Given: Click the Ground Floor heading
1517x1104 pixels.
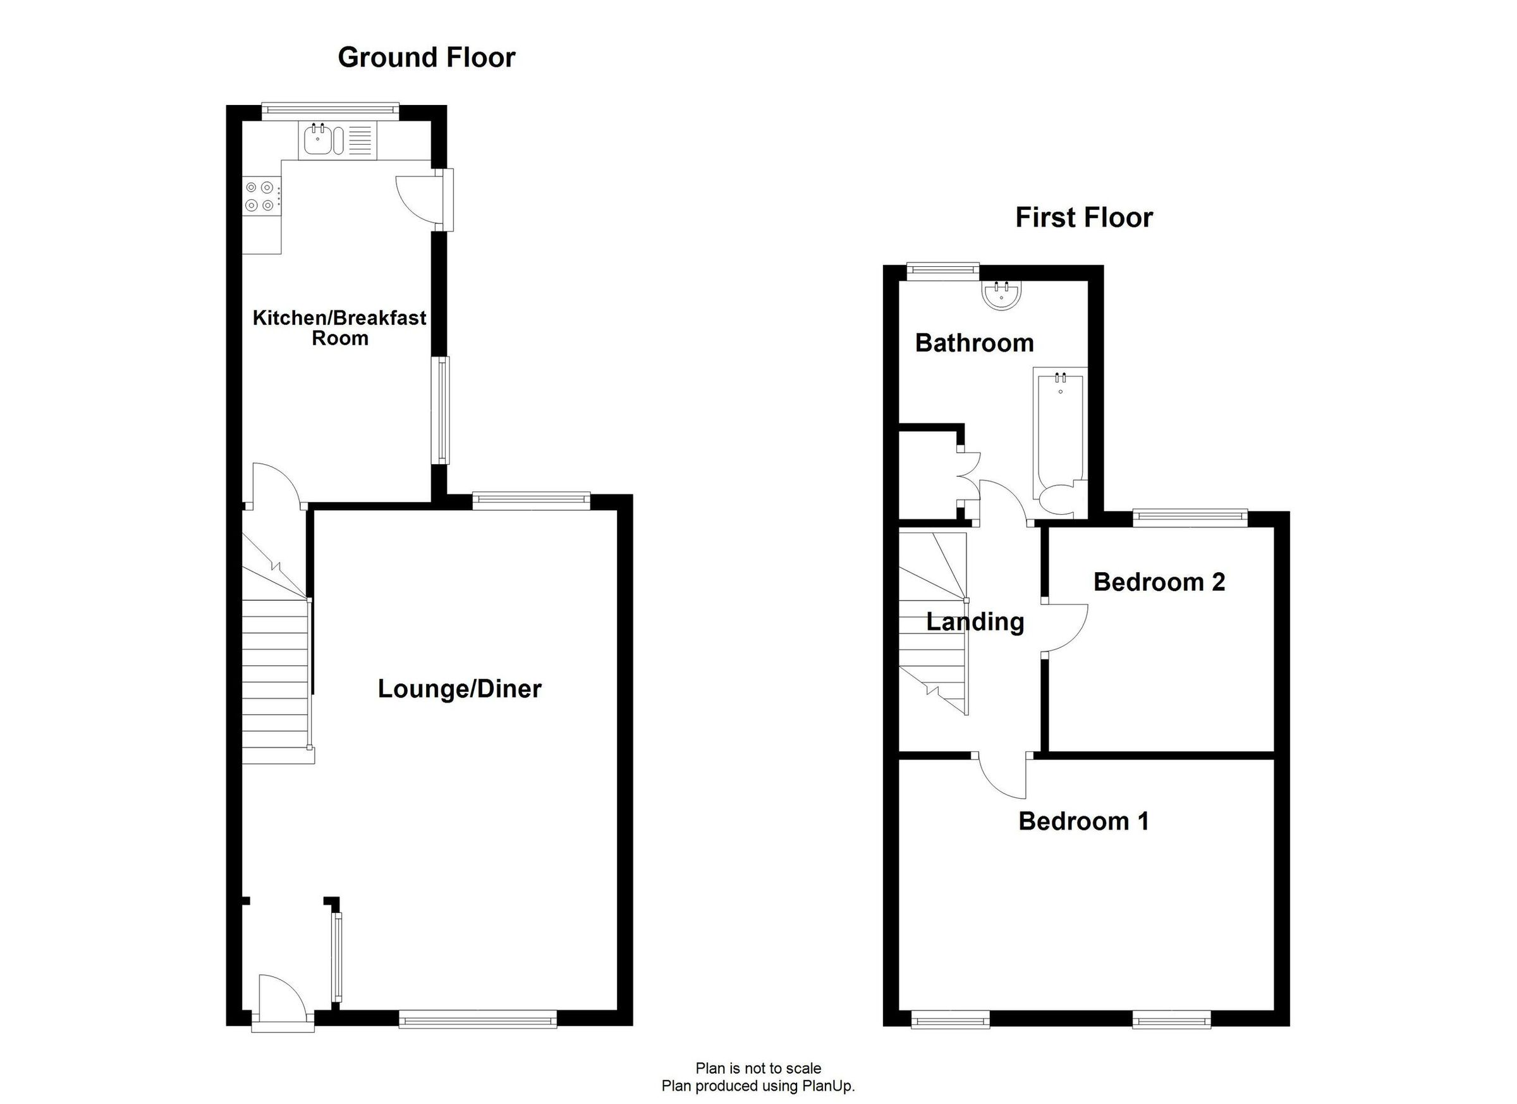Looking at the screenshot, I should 426,58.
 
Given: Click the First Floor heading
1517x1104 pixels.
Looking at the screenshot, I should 1083,218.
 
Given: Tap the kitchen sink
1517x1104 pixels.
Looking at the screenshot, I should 319,140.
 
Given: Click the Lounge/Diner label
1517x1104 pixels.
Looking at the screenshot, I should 460,689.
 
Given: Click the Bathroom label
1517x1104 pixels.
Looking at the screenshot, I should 974,343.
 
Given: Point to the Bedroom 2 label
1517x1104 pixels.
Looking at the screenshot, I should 1159,582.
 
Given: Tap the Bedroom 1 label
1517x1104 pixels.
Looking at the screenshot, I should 1083,821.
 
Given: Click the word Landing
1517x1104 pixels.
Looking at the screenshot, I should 975,622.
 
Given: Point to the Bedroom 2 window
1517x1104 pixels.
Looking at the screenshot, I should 1190,516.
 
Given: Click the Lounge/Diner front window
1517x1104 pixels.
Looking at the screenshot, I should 478,1021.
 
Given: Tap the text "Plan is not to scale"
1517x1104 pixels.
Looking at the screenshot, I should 758,1069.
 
